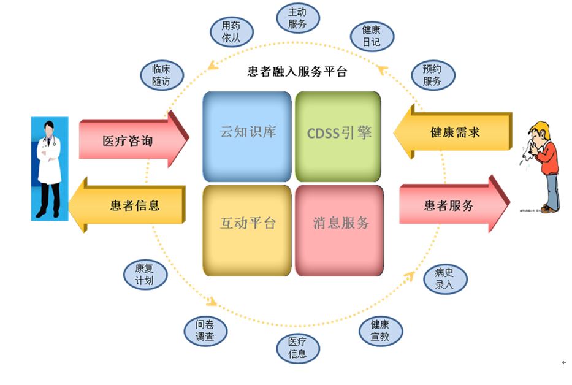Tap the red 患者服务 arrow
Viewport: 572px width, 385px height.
(x=451, y=205)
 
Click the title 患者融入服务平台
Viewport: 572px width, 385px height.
(x=297, y=72)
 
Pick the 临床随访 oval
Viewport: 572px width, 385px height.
(x=161, y=75)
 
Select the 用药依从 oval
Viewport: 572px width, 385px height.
(x=231, y=32)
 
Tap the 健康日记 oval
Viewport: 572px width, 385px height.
(x=371, y=36)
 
